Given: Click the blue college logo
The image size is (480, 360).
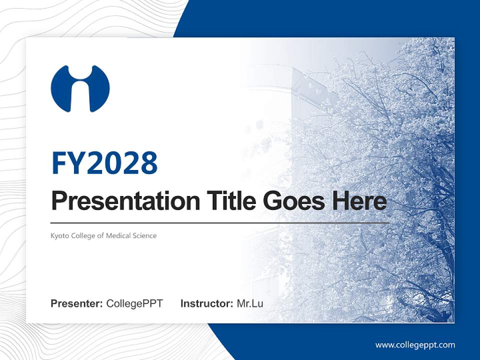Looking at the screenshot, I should tap(80, 88).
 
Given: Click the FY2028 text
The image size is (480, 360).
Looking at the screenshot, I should tap(104, 163).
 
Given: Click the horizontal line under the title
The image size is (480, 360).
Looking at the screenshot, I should tap(220, 222).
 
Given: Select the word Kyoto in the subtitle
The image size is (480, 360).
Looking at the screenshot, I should tap(58, 235).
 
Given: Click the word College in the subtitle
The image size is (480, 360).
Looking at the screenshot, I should tap(79, 235).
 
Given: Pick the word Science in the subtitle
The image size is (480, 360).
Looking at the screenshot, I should tap(144, 235).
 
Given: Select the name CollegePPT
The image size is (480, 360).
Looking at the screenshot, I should tap(134, 303).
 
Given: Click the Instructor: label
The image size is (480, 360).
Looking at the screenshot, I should tap(206, 303).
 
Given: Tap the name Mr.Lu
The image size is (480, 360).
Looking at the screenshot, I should tap(249, 303).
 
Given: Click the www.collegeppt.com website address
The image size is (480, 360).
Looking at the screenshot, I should tap(415, 344).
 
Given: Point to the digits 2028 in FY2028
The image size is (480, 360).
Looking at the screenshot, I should tap(122, 163).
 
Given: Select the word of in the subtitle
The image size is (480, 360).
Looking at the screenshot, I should tap(100, 235).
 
